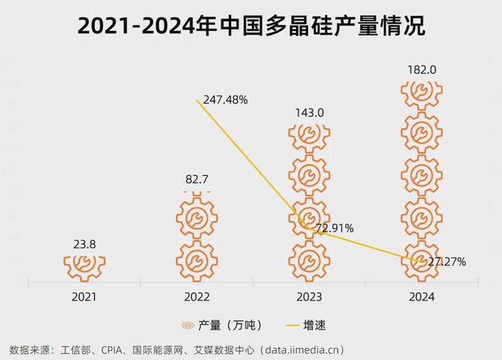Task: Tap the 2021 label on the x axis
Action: point(84,297)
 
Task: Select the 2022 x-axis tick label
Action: point(197,297)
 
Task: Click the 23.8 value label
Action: point(84,245)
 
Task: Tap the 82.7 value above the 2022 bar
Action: point(197,180)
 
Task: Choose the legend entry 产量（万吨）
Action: point(221,325)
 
